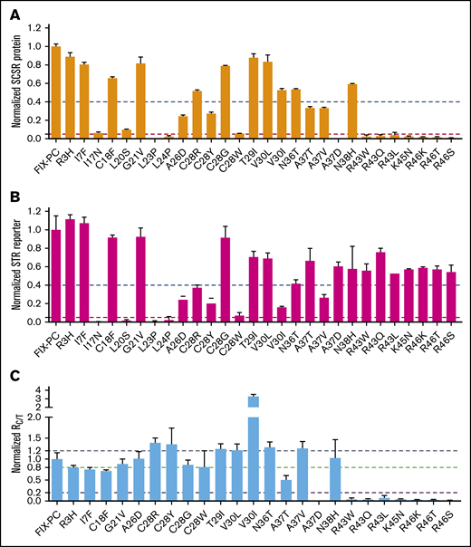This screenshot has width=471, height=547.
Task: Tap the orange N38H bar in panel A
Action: [x=351, y=111]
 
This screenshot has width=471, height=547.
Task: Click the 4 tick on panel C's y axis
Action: [x=41, y=385]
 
